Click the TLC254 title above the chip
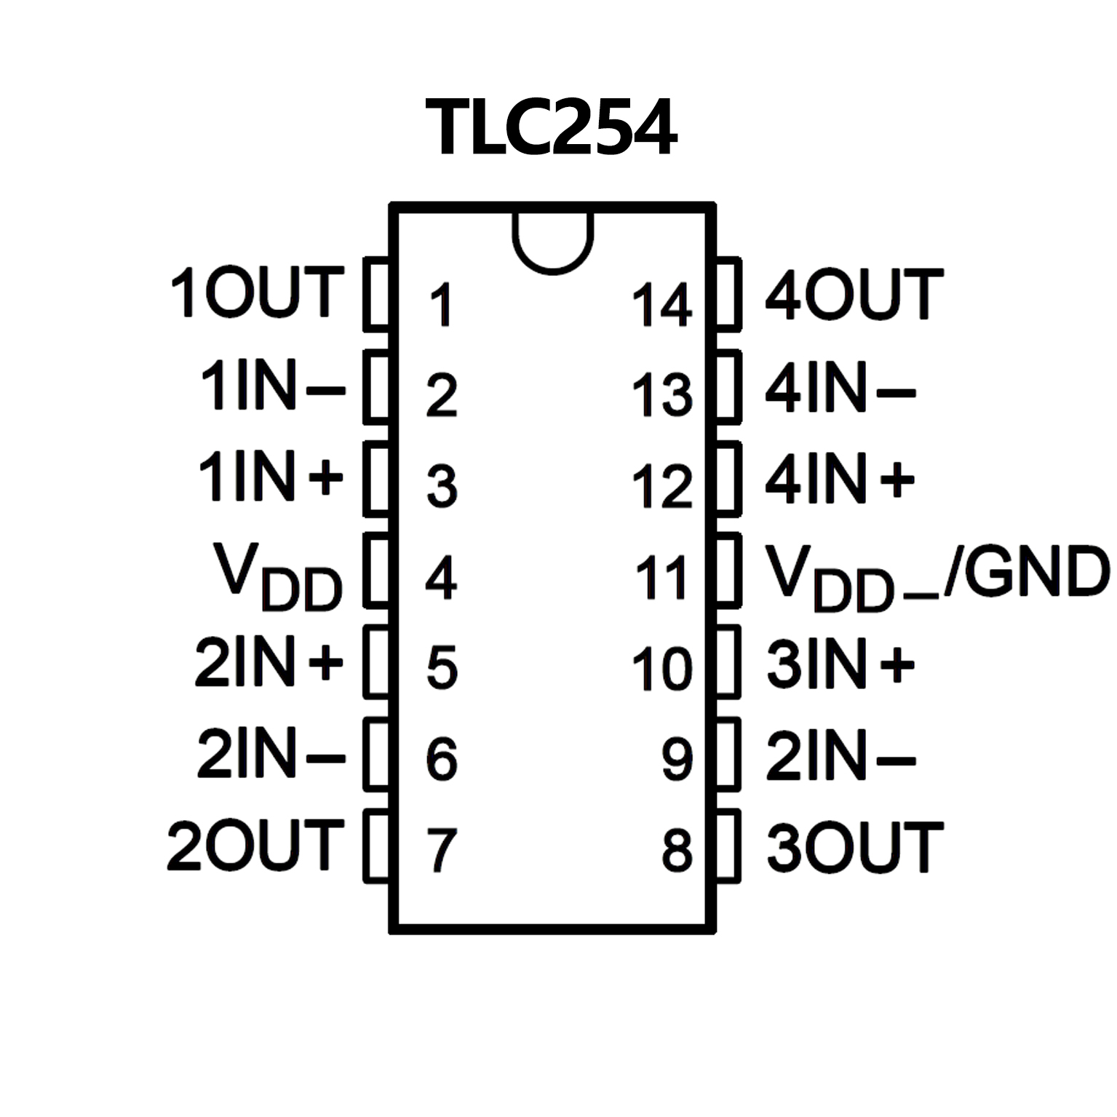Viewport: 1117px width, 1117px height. point(552,128)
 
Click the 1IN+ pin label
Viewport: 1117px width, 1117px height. point(270,477)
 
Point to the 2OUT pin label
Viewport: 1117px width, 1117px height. point(255,846)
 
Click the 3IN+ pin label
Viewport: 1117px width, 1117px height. point(840,664)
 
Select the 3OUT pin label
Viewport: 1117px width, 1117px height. point(855,847)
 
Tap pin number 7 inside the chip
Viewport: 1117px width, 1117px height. point(442,850)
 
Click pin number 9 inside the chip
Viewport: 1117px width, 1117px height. point(677,758)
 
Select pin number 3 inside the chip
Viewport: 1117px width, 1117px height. point(442,486)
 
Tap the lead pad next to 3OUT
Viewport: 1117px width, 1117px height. point(728,847)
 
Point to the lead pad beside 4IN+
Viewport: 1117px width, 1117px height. point(728,479)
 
